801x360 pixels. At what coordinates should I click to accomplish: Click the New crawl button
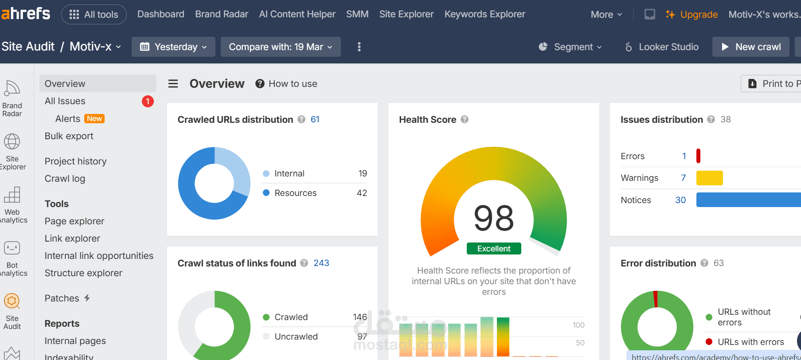(750, 47)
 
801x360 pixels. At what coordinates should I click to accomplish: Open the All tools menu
(94, 15)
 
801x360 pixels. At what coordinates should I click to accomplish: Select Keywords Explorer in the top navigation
(485, 14)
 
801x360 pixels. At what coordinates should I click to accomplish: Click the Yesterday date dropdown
(173, 47)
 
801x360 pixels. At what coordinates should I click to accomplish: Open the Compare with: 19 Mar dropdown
(280, 47)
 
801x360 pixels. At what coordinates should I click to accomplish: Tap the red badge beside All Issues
(148, 102)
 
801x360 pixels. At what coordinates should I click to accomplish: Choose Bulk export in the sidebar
(69, 136)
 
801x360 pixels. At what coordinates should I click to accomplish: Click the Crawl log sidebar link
(65, 179)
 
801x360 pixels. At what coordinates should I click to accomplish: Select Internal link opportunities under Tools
(99, 256)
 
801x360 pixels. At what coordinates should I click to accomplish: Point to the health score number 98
(493, 219)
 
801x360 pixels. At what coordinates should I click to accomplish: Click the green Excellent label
(494, 249)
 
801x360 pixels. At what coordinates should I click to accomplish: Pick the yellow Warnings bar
(709, 178)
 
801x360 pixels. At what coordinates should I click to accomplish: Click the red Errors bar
(698, 156)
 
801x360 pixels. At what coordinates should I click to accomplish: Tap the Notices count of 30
(680, 200)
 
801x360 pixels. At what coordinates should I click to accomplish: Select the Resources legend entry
(295, 193)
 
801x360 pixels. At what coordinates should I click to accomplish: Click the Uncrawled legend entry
(296, 337)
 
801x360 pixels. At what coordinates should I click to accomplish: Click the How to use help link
(292, 84)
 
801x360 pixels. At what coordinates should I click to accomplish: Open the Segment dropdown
(570, 47)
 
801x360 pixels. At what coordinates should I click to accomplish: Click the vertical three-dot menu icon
(359, 47)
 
